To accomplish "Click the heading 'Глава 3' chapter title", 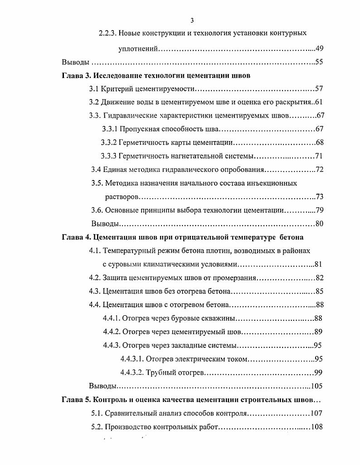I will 156,75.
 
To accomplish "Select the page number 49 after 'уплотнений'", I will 319,49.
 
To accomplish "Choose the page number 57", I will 319,88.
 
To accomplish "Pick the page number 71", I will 319,156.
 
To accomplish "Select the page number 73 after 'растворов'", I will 319,197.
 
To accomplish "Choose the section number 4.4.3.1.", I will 132,359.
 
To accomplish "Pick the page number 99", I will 318,372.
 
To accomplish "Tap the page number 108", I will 317,427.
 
